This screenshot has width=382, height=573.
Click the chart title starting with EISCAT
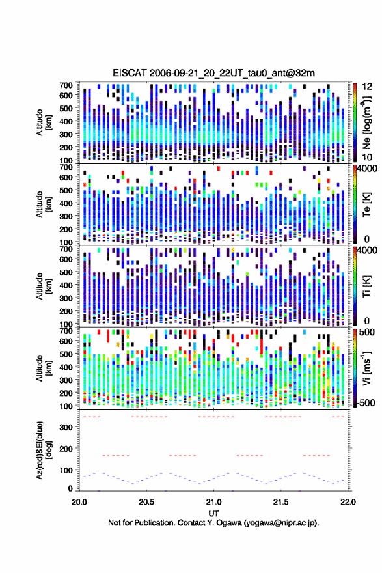tap(213, 73)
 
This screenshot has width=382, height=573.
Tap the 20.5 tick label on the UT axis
tap(146, 502)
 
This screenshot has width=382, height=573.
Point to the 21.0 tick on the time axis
tap(213, 502)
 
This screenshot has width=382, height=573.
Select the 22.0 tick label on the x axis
tap(348, 502)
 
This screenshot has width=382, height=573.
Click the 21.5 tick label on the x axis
tap(280, 502)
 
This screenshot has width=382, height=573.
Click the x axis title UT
tap(213, 514)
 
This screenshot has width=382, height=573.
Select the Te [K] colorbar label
tap(366, 204)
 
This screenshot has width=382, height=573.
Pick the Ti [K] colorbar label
tap(366, 286)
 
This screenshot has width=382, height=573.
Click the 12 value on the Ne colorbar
tap(367, 87)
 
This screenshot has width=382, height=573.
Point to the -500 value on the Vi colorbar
tap(365, 402)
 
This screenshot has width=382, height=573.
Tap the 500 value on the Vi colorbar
tap(366, 332)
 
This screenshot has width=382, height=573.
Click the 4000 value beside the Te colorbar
tap(367, 169)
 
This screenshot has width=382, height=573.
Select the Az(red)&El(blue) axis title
tap(43, 450)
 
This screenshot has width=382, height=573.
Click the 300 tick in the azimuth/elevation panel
tap(66, 427)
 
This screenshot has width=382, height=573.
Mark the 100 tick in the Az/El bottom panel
tap(66, 470)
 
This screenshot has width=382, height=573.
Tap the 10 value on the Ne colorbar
tap(367, 157)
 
